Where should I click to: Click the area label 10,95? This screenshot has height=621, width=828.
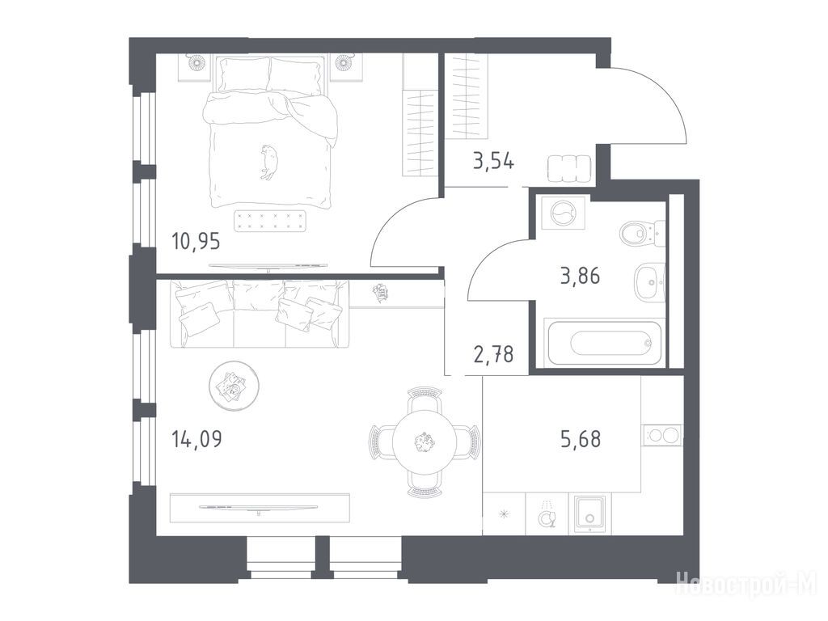point(196,242)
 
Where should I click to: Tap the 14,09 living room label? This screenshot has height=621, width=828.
point(197,439)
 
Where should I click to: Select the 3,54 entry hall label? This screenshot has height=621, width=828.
point(493,161)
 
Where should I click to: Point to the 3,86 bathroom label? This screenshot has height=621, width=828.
point(580,276)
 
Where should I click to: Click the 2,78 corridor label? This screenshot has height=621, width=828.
point(494,354)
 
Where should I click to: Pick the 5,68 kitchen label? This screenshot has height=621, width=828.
point(581,439)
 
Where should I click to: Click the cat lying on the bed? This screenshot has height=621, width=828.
point(268,162)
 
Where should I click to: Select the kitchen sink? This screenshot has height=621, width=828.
point(589,513)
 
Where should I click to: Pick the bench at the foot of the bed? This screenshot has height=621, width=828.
point(270,221)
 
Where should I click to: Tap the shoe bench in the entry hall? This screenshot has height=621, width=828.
point(569,169)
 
